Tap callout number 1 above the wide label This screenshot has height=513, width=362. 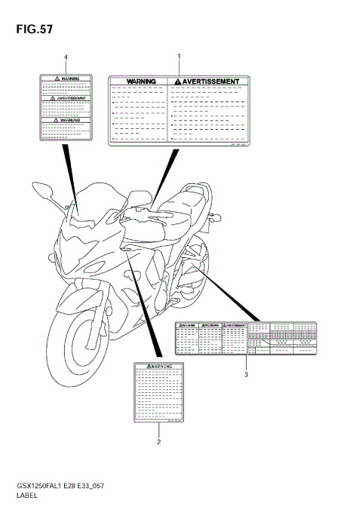pyautogui.click(x=179, y=57)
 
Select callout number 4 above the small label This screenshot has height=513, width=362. pyautogui.click(x=66, y=57)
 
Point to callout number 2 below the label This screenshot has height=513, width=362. pyautogui.click(x=158, y=442)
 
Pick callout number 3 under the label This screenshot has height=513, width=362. pyautogui.click(x=246, y=374)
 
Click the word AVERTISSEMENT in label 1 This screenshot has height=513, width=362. pyautogui.click(x=211, y=81)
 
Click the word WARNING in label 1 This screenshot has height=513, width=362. pyautogui.click(x=141, y=81)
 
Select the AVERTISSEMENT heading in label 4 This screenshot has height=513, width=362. pyautogui.click(x=67, y=98)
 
